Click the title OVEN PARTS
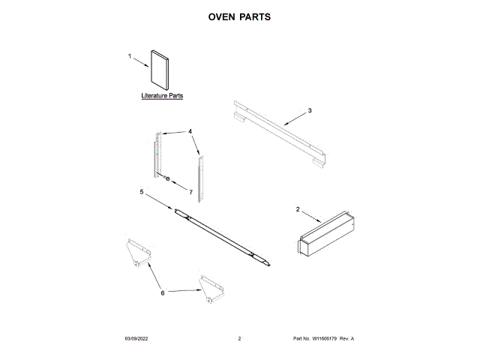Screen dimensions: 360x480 239,16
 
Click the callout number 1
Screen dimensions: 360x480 129,56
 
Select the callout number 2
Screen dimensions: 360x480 298,209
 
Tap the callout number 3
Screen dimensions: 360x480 310,110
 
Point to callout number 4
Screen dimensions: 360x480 190,131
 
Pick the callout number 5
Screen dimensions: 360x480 141,192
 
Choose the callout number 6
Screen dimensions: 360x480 162,292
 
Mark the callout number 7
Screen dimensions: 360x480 190,193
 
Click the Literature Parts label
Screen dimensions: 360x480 162,97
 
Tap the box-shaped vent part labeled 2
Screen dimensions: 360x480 327,235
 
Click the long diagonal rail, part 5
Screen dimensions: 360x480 223,236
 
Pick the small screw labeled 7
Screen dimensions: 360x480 168,179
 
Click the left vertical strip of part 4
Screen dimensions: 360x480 158,154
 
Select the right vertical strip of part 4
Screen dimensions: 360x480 199,177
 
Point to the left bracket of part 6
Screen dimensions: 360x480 136,250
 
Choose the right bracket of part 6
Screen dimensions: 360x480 210,289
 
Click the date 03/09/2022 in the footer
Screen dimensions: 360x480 137,339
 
